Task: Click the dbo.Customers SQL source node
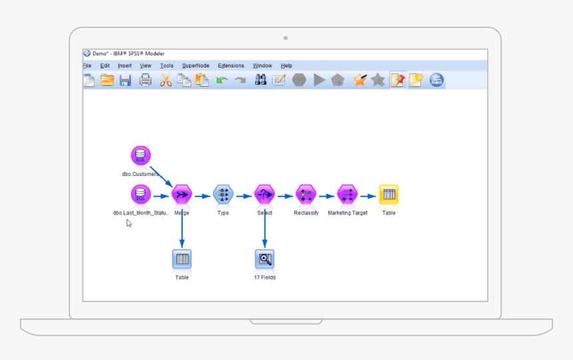141,156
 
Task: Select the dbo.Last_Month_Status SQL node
141,195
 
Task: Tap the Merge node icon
182,195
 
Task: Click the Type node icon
223,195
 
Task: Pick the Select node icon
265,195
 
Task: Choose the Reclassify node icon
306,195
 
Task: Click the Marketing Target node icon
347,195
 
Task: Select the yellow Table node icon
388,195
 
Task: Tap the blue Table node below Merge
182,259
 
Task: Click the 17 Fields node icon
265,259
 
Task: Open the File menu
87,66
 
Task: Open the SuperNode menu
196,66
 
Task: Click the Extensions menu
231,66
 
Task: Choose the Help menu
286,66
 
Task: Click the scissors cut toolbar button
166,81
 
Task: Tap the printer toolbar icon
145,81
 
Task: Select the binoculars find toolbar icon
261,81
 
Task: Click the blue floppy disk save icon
125,81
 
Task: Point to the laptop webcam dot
286,38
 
